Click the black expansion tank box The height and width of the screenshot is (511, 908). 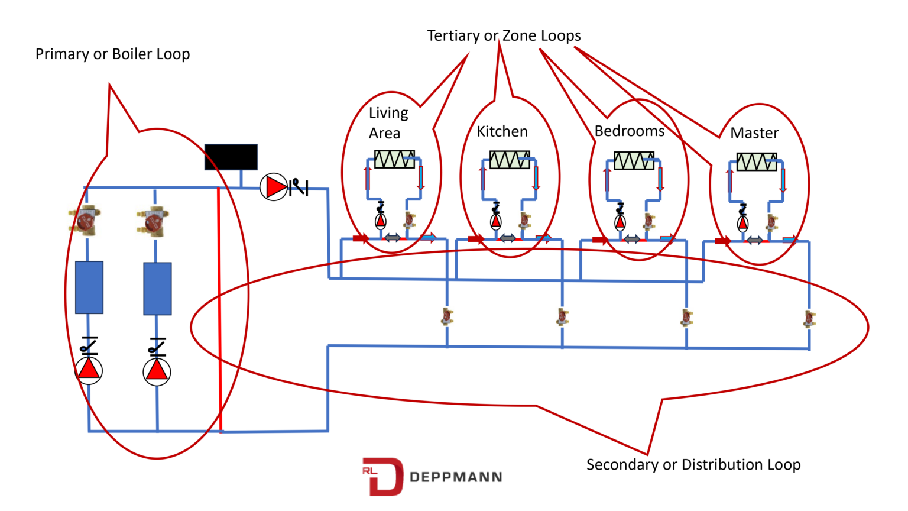231,157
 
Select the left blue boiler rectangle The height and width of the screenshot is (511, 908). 89,287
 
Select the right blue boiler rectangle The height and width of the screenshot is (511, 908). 157,289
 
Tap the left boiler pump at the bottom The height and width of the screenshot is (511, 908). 89,370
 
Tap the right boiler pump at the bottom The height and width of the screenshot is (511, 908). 157,371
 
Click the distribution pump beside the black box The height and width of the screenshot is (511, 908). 274,187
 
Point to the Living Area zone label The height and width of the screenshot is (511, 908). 388,123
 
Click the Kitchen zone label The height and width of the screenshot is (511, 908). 502,131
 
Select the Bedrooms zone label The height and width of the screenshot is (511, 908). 629,131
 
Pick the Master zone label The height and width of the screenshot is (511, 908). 754,133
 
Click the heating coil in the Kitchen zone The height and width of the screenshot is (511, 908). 509,160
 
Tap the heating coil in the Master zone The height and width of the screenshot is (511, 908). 756,161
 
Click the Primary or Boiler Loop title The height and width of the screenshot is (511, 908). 112,54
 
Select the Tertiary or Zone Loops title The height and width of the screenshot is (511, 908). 504,36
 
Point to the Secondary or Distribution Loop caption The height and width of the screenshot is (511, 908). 693,465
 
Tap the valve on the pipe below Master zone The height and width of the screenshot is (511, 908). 809,319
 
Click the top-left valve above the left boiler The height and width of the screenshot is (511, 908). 85,221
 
